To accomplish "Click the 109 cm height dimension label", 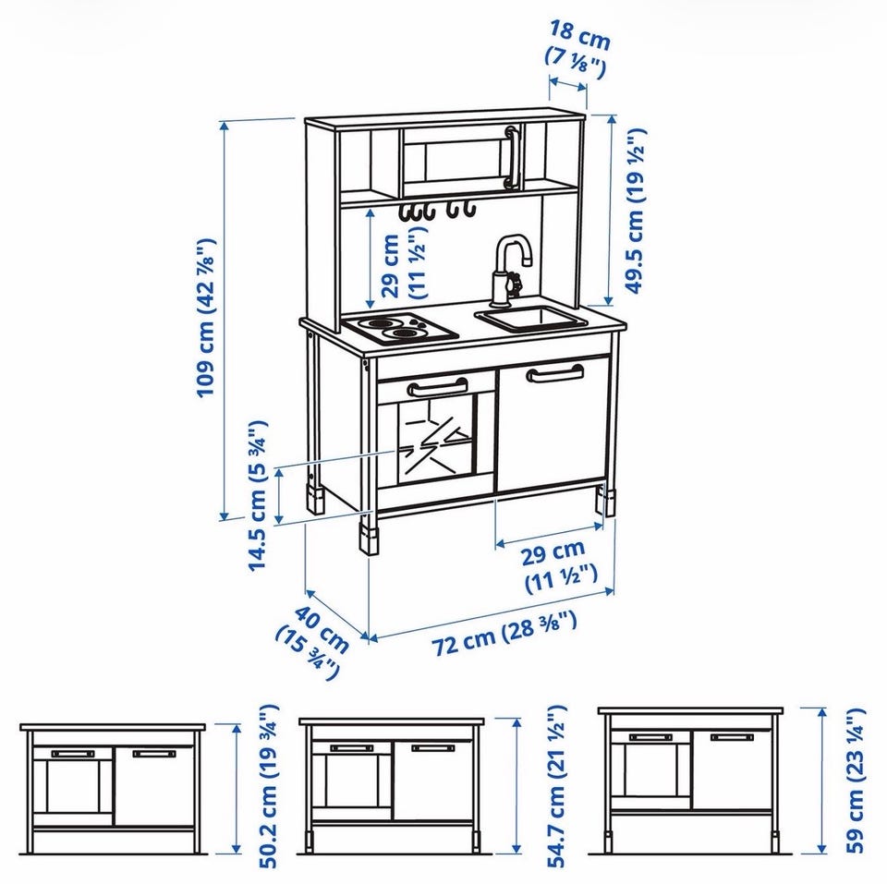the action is point(207,318).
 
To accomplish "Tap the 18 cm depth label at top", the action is point(578,49).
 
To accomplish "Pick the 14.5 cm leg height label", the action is point(258,495).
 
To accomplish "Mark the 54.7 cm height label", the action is point(556,785).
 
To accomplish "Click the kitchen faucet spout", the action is point(514,248).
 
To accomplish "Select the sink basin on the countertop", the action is point(532,318).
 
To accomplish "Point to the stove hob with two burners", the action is point(401,328).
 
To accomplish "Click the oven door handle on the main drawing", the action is point(437,387).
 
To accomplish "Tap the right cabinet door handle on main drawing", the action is point(555,373).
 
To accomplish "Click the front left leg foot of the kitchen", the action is point(370,540).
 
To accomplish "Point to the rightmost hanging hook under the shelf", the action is point(468,209).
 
